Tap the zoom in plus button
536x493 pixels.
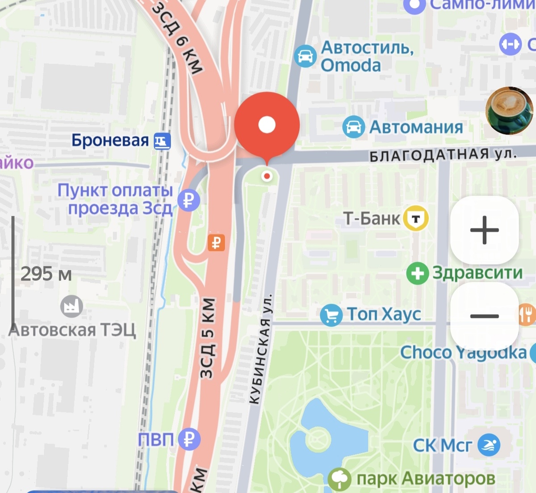(484, 230)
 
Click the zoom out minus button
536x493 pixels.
(484, 316)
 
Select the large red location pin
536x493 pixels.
(267, 125)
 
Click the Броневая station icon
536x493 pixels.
(162, 141)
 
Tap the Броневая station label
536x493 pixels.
(110, 141)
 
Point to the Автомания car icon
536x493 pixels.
(353, 127)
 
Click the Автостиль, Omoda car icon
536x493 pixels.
(306, 56)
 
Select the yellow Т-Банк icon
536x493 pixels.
(416, 219)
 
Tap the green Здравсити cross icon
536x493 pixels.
(417, 273)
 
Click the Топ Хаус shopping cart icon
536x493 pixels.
(331, 315)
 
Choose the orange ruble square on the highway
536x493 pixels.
(216, 243)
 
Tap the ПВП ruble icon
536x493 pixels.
(189, 439)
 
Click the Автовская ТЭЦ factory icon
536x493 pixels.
(71, 307)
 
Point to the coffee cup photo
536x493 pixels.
(509, 110)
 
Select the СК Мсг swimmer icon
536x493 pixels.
(489, 445)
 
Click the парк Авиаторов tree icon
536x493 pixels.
(339, 479)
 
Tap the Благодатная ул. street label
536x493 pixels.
(443, 155)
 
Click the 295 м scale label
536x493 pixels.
(46, 274)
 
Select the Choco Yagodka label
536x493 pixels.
(463, 353)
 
